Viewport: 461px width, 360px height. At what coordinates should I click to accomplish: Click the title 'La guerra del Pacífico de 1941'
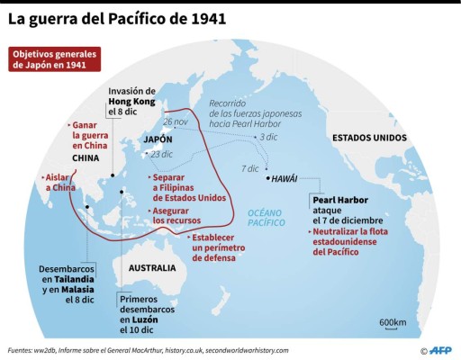[118, 18]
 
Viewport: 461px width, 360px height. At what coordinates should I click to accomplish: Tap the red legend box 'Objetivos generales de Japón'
[54, 60]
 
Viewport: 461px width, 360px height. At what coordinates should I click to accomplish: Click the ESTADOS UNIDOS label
[369, 138]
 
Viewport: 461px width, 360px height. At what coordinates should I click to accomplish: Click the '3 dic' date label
[267, 138]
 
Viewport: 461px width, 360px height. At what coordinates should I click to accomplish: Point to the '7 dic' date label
[249, 169]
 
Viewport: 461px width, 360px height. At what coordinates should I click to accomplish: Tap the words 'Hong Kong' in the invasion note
[131, 103]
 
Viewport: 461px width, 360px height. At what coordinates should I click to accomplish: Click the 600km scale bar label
[392, 322]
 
